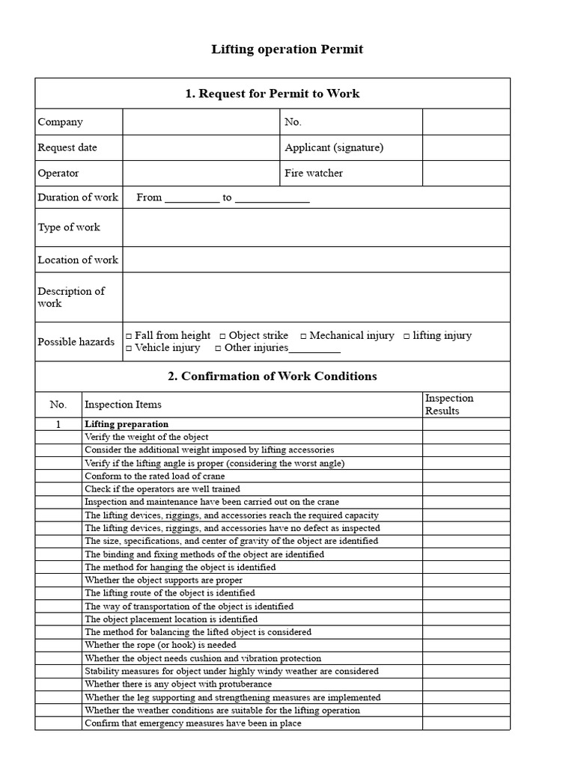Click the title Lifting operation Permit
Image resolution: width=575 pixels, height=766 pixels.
point(287,49)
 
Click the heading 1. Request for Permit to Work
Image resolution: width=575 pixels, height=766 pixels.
point(273,94)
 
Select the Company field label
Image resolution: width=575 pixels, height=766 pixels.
point(61,122)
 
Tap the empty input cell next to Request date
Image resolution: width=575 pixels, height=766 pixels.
point(201,147)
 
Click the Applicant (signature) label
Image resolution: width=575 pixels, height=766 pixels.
point(334,147)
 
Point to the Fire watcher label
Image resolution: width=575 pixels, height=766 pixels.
point(314,173)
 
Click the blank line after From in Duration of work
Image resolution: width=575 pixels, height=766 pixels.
point(192,198)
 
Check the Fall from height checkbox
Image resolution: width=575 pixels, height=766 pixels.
point(129,336)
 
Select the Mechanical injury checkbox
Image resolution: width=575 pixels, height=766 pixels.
point(303,336)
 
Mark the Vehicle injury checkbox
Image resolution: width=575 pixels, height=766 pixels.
point(129,349)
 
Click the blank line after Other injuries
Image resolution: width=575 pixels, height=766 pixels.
point(314,349)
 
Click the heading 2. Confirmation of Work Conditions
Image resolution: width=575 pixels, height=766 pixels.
point(273,376)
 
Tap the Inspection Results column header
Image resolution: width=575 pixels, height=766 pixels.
point(449,405)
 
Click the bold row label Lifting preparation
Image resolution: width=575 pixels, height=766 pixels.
point(127,424)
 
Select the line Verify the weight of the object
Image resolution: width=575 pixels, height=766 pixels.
point(147,437)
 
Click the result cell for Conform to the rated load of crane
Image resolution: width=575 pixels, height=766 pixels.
point(466,476)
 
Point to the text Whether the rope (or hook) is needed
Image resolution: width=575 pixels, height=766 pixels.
point(160,645)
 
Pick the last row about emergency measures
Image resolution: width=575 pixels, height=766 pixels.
point(193,723)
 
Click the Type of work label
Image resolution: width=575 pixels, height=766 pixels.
point(69,227)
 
